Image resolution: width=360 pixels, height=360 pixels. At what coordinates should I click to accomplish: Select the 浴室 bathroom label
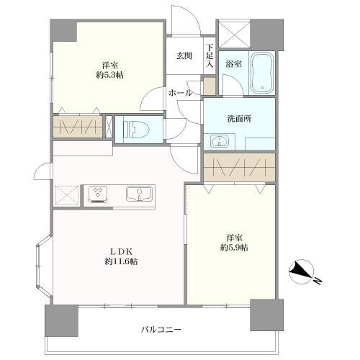[232, 63]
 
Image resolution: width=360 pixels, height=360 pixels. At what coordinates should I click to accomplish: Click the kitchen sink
[138, 194]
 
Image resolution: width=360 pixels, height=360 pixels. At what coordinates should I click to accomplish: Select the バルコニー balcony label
[161, 330]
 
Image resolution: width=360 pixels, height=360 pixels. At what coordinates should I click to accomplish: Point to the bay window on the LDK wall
[40, 267]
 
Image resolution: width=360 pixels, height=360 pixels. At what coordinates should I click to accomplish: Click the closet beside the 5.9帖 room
[238, 167]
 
